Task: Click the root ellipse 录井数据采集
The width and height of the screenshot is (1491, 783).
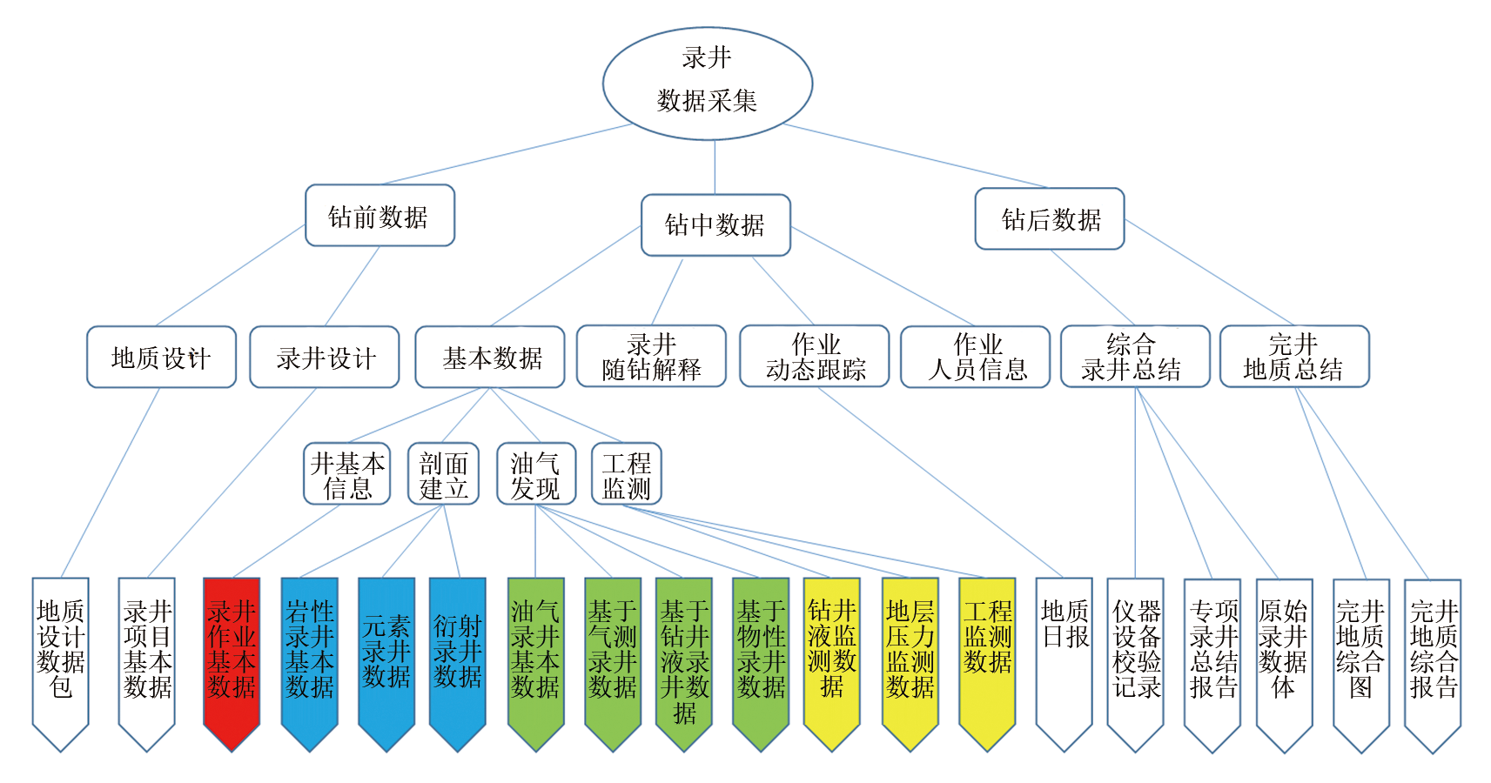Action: pos(707,84)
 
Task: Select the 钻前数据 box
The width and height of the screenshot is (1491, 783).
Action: pos(379,216)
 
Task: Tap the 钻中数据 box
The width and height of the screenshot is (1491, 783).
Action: pos(715,225)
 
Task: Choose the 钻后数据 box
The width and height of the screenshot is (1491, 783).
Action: pos(1050,219)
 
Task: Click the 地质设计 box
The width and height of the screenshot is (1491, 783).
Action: pos(161,357)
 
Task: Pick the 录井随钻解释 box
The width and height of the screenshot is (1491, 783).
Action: pos(651,357)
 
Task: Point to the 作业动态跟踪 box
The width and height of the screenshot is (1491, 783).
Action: pos(815,357)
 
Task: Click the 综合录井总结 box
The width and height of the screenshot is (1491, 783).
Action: pos(1135,357)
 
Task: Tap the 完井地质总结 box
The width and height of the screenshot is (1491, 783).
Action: pos(1294,357)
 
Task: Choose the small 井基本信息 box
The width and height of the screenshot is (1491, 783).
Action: pos(347,474)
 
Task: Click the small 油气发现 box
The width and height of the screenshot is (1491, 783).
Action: pos(536,474)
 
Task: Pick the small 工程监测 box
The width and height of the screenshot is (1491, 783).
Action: pos(627,474)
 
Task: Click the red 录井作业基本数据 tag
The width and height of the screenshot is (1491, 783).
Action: pos(232,652)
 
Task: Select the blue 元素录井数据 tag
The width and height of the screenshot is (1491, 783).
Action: pos(386,652)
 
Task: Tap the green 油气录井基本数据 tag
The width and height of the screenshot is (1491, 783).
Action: pos(535,652)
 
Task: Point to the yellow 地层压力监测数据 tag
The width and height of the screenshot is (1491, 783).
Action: pos(910,652)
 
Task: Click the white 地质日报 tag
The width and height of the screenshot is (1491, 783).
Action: pos(1064,652)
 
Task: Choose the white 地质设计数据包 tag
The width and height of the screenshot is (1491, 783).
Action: pos(60,652)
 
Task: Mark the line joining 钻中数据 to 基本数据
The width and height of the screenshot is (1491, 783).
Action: pos(566,277)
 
